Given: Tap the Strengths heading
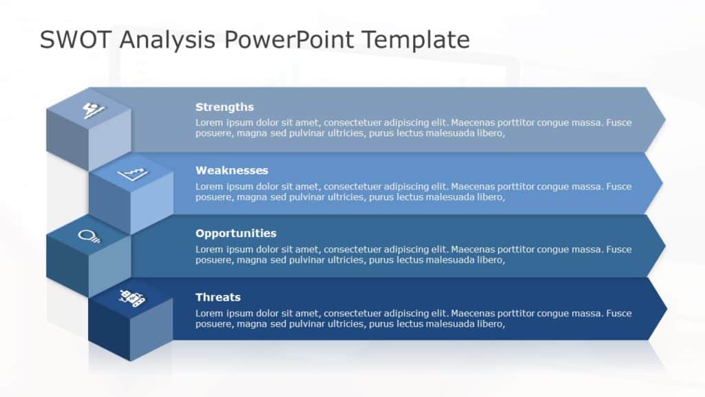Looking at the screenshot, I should point(224,107).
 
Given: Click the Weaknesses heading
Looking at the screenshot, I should point(231,170).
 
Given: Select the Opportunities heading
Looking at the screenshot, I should point(235,234).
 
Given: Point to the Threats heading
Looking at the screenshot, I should point(218,297).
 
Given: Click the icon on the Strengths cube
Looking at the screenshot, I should point(90,110).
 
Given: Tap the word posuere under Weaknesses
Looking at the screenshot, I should point(214,197).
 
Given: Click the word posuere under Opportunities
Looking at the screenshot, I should point(214,260).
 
